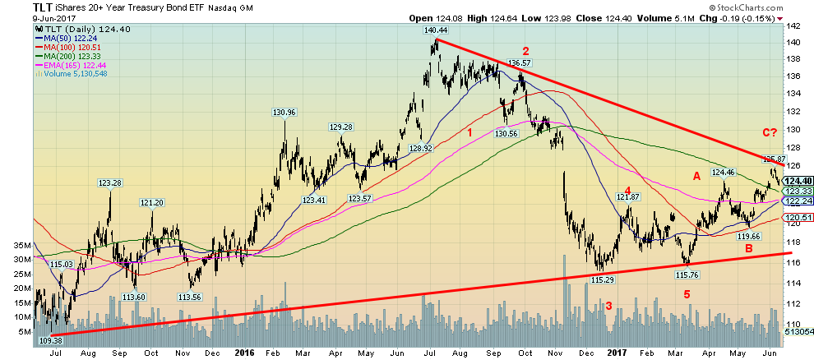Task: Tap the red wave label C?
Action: coord(770,132)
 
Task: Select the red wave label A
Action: coord(696,174)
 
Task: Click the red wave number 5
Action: coord(686,294)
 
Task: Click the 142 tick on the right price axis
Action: coord(793,25)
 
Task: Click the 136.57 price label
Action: coord(518,62)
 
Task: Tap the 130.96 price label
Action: coord(284,113)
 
